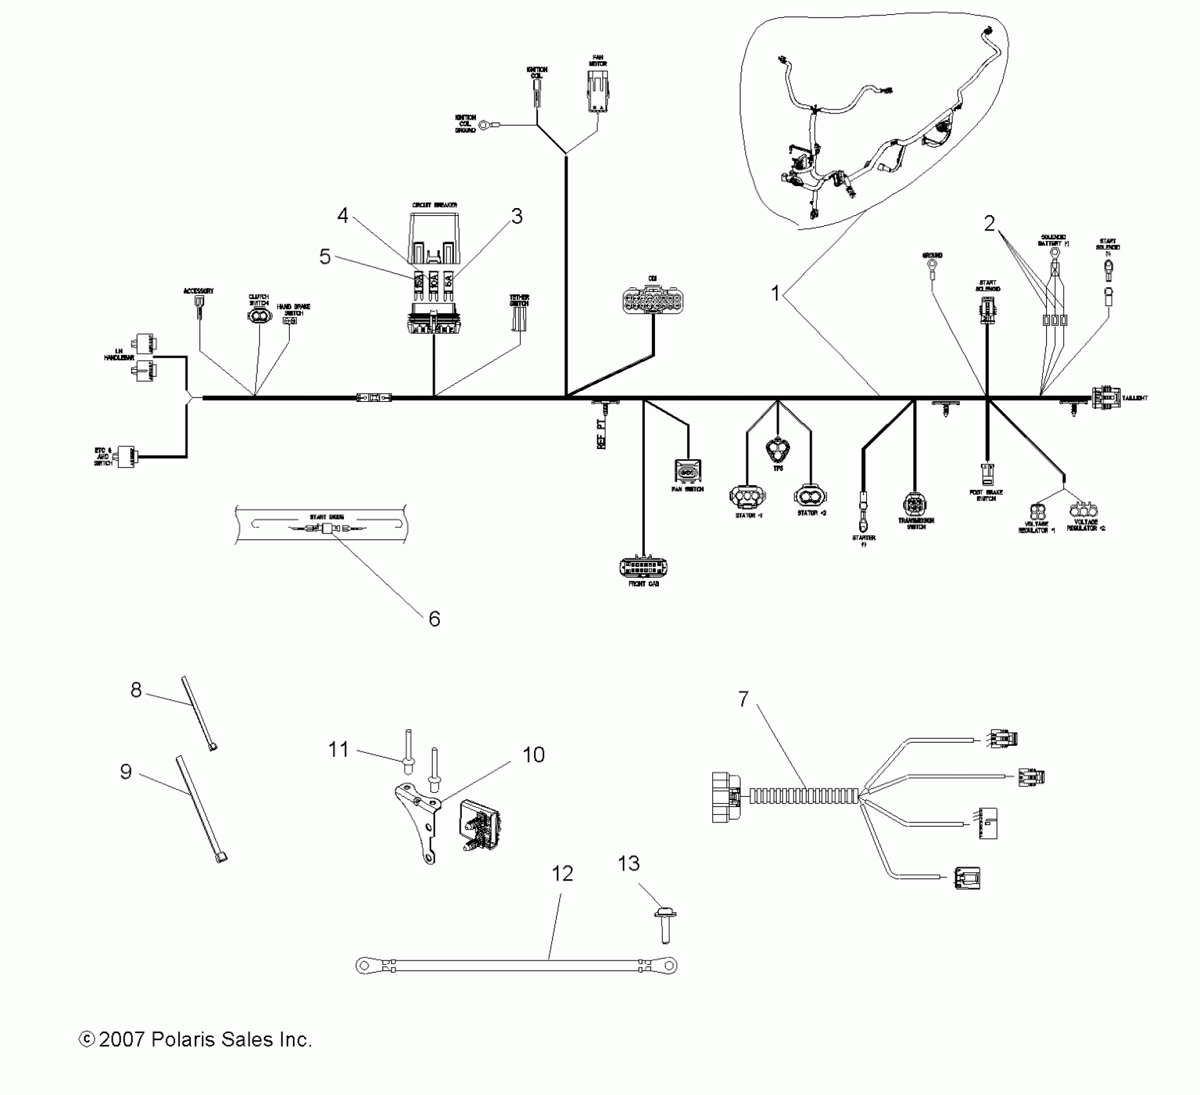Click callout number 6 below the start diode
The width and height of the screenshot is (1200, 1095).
point(434,619)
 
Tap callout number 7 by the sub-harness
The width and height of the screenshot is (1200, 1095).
point(743,699)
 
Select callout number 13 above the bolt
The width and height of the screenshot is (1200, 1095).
point(629,863)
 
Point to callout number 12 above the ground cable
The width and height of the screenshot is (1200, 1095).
point(562,873)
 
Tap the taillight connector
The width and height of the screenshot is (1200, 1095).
point(1105,398)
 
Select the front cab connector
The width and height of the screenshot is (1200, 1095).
point(643,567)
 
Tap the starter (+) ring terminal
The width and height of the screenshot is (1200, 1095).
point(861,500)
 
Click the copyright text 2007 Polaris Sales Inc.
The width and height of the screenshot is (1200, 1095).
point(195,1039)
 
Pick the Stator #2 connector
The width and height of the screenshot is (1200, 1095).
point(810,496)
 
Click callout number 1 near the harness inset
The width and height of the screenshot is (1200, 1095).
point(776,294)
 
